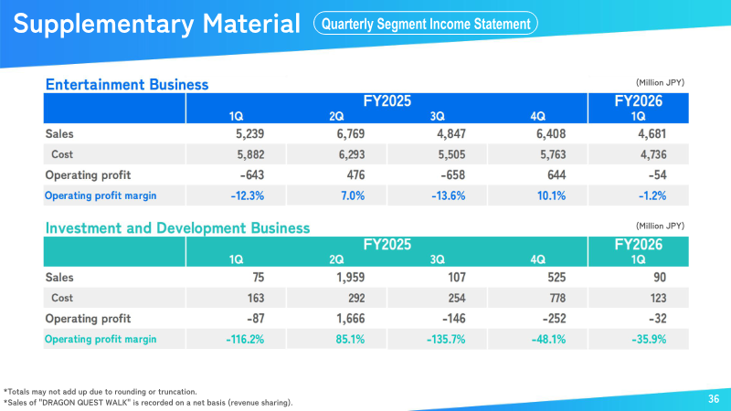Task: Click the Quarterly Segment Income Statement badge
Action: pyautogui.click(x=425, y=24)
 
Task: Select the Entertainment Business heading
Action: pyautogui.click(x=127, y=84)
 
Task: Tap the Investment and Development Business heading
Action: pyautogui.click(x=177, y=227)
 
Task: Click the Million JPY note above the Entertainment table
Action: pyautogui.click(x=660, y=82)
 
